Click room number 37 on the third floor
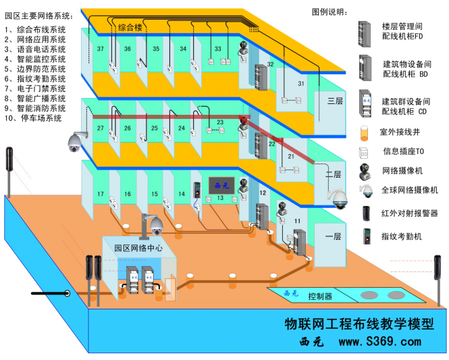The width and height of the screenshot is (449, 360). click(x=101, y=49)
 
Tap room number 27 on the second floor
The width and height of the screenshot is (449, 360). click(x=101, y=128)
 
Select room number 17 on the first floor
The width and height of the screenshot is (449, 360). click(x=101, y=195)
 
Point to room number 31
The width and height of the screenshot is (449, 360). click(x=301, y=83)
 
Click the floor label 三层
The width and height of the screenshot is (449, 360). click(x=335, y=101)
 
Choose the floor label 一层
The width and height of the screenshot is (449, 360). click(x=334, y=236)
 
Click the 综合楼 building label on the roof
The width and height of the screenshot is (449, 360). click(x=130, y=28)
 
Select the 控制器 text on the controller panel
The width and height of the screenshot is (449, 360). click(x=320, y=297)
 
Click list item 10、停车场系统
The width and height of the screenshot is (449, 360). click(x=33, y=118)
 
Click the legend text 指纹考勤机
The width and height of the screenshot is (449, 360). click(x=401, y=236)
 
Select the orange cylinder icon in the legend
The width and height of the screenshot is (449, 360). click(x=365, y=130)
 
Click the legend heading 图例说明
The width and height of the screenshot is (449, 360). click(x=331, y=12)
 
